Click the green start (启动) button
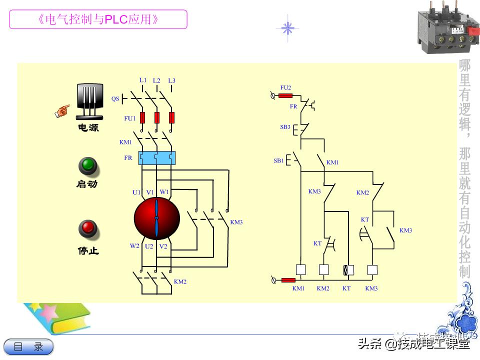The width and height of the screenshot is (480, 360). pos(88,166)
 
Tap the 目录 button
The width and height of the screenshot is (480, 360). pos(28,346)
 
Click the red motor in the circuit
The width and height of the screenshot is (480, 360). pos(156,218)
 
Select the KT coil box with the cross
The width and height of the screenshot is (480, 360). pos(348,270)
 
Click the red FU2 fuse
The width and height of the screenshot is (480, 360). pos(285,95)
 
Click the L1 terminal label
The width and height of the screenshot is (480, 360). pos(143,80)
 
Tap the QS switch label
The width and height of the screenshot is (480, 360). pos(115,99)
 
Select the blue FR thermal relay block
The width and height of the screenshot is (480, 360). pos(156,158)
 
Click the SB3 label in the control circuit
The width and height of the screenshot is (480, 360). pos(285,127)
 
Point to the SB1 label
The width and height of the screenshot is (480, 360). pos(278,161)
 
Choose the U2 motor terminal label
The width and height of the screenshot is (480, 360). pos(149,246)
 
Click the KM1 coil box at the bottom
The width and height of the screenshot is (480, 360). pos(301,270)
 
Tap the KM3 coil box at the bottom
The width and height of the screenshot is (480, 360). pos(372,270)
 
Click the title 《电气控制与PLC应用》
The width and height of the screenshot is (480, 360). pos(98,20)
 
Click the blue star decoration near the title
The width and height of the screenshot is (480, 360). pos(287,28)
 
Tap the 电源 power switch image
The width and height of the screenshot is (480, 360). pos(90,102)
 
